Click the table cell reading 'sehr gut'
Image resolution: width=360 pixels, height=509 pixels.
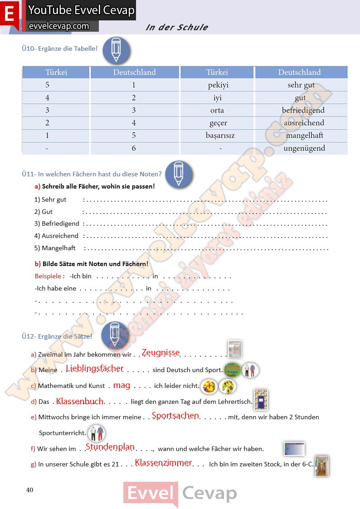point(301,85)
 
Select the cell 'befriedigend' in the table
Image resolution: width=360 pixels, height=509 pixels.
point(303,110)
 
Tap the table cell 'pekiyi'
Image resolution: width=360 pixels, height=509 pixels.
point(218,85)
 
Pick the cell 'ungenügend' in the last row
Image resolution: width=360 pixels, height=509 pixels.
point(304,148)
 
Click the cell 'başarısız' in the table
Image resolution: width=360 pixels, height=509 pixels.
point(220,136)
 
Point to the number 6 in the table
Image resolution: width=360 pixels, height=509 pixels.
point(134,148)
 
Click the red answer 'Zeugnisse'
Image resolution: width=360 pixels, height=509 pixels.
point(161,353)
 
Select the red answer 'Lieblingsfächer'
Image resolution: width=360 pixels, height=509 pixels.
point(95,368)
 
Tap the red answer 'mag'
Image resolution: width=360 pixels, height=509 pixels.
point(122,385)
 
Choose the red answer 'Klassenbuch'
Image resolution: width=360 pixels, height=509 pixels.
point(80,401)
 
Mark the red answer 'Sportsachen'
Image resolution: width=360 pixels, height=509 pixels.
point(175,416)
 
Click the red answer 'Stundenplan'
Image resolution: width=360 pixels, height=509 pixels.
point(110,447)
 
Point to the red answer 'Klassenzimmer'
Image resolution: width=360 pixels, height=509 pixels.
point(163,463)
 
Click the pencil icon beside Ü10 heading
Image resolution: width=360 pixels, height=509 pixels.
point(116,50)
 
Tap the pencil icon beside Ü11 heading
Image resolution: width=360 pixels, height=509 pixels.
point(179,174)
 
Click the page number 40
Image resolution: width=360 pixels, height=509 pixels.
point(30,490)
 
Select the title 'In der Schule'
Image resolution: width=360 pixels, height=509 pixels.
point(177,27)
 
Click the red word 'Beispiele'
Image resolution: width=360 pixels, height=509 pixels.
point(48,276)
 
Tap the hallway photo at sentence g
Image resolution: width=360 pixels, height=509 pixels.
point(321,466)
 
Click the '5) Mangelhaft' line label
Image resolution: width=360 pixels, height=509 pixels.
point(55,248)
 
